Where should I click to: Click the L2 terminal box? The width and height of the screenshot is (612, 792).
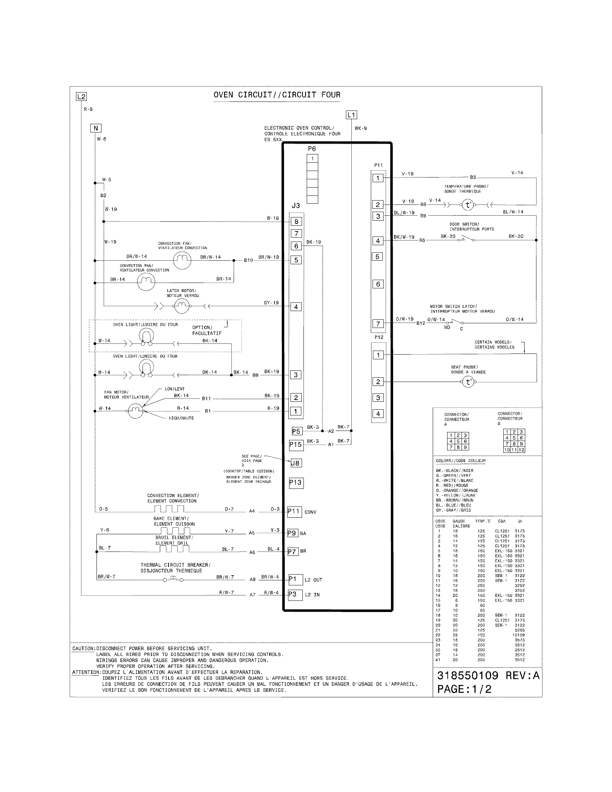pyautogui.click(x=81, y=96)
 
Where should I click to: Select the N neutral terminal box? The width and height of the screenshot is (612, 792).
pyautogui.click(x=96, y=128)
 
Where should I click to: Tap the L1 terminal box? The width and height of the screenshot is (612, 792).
pyautogui.click(x=351, y=115)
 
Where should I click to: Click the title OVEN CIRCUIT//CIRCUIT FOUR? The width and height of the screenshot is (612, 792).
pyautogui.click(x=277, y=95)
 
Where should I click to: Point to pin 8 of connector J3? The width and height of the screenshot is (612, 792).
pyautogui.click(x=296, y=221)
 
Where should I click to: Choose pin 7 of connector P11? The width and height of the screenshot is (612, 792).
pyautogui.click(x=378, y=324)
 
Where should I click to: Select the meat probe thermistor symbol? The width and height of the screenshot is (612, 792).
pyautogui.click(x=468, y=382)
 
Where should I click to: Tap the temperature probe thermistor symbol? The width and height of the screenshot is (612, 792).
pyautogui.click(x=468, y=205)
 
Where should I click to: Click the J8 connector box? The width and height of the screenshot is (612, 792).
pyautogui.click(x=296, y=463)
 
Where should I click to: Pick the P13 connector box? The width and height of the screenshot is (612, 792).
pyautogui.click(x=296, y=482)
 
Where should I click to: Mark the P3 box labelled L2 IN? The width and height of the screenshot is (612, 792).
pyautogui.click(x=295, y=595)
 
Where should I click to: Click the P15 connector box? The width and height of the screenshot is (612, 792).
pyautogui.click(x=296, y=445)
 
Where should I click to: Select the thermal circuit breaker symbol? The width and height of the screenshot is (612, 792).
pyautogui.click(x=173, y=580)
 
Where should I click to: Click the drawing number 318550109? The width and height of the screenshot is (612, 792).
pyautogui.click(x=468, y=675)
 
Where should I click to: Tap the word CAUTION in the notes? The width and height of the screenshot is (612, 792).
pyautogui.click(x=83, y=648)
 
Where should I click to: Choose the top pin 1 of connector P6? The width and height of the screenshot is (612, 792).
pyautogui.click(x=312, y=158)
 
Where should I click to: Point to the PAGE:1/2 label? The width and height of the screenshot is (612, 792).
pyautogui.click(x=464, y=689)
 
